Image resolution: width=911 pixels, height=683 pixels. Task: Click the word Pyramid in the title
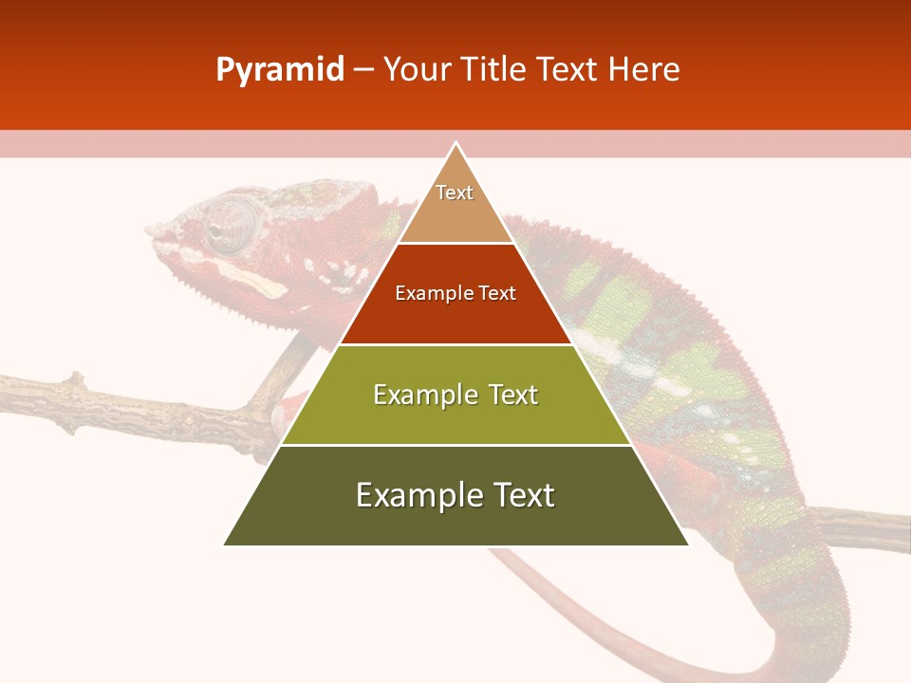point(279,70)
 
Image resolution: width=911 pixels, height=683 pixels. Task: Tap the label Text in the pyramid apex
point(455,193)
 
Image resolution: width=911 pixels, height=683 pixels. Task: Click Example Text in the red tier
point(455,293)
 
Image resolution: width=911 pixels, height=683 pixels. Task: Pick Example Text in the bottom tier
point(455,495)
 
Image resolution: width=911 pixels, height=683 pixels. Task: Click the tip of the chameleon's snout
point(151,231)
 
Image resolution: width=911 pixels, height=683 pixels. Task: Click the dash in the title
point(363,70)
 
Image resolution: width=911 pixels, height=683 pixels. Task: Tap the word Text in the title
point(567,70)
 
